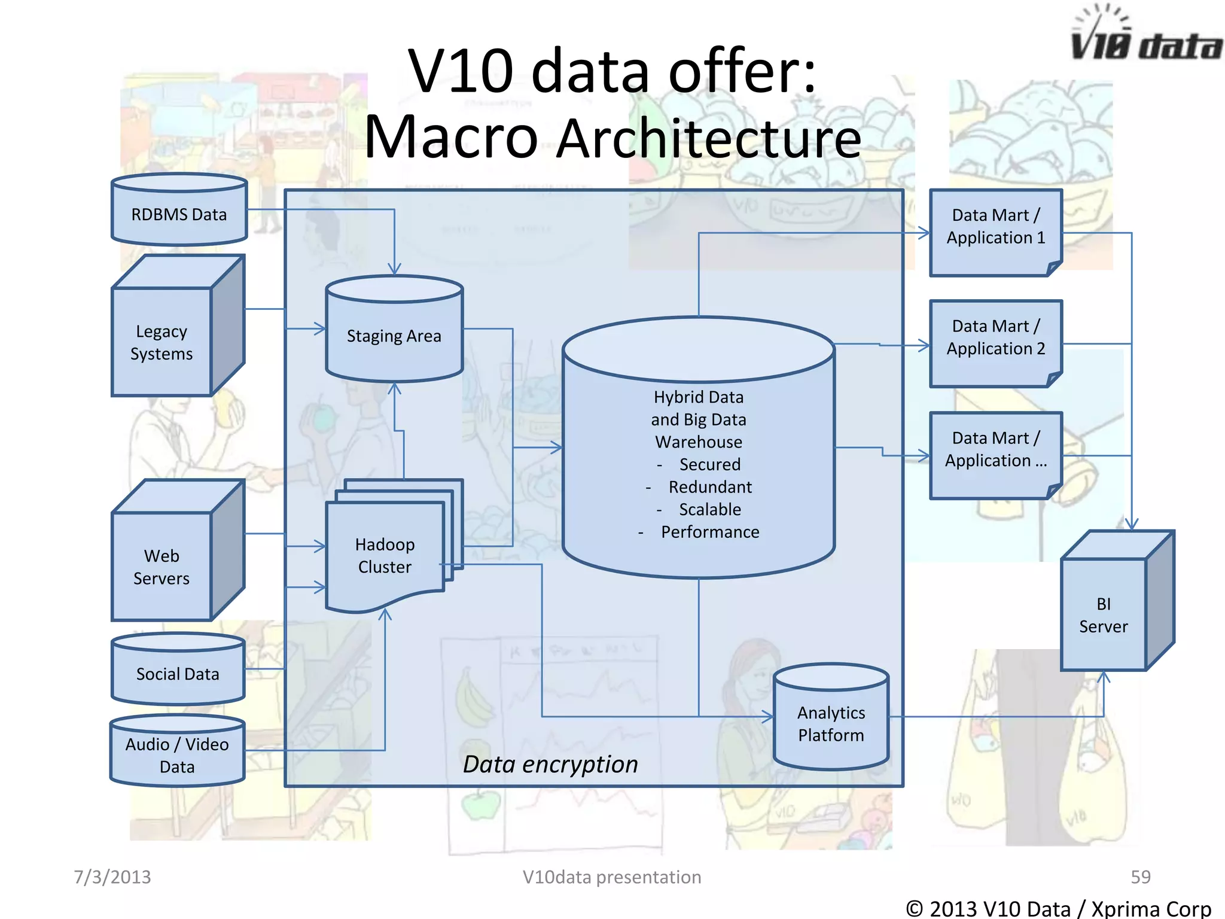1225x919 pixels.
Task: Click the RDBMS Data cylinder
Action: [x=179, y=214]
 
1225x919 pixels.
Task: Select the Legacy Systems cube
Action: [x=161, y=342]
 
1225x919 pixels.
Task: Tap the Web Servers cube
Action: [x=161, y=567]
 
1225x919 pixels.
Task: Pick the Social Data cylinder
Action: [x=178, y=674]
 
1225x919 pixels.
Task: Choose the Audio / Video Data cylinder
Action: [x=177, y=755]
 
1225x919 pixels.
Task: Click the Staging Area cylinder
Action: [x=394, y=336]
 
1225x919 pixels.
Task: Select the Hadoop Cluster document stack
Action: [x=385, y=555]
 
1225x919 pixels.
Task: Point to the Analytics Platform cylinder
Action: [x=831, y=723]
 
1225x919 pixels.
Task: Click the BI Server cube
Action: [x=1103, y=615]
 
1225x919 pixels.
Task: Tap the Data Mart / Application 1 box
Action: [x=995, y=227]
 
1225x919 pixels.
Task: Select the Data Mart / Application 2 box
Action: [x=995, y=337]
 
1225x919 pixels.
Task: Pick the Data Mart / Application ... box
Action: [x=995, y=449]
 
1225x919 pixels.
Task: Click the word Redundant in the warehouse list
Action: [x=709, y=487]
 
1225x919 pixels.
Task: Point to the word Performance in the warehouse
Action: [x=709, y=532]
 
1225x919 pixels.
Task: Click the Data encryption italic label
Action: [x=550, y=764]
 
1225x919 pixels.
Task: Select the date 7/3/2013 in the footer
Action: [x=112, y=877]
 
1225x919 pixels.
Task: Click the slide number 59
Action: [x=1140, y=877]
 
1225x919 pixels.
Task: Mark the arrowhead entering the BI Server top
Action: [x=1131, y=524]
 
